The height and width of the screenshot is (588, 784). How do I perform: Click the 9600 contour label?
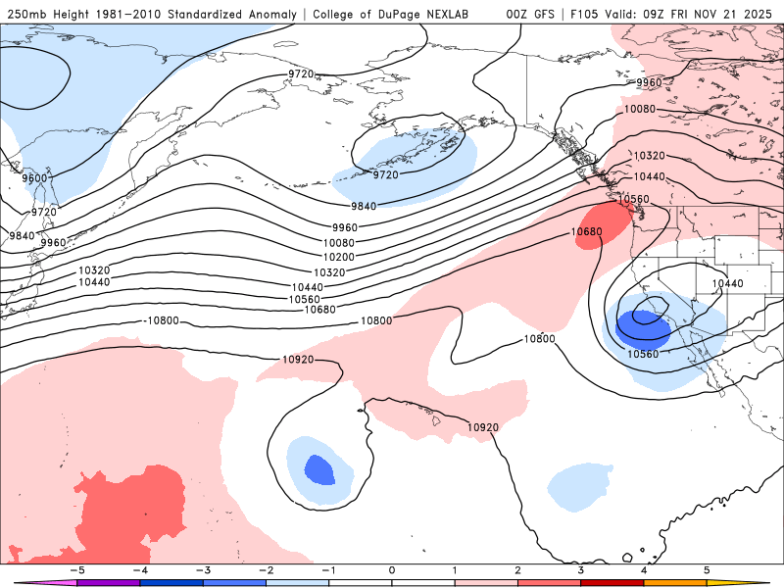(x=34, y=178)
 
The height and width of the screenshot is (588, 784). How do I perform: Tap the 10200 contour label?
(x=339, y=257)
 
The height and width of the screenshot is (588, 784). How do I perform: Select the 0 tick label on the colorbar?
(x=392, y=569)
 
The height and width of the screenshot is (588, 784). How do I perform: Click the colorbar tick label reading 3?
(x=581, y=569)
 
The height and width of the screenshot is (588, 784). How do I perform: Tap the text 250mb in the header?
(x=25, y=14)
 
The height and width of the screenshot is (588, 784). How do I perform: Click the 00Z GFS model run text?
(x=532, y=14)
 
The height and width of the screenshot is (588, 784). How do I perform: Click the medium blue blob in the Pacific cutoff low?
(x=319, y=469)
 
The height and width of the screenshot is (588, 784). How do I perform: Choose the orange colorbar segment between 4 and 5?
(x=676, y=582)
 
